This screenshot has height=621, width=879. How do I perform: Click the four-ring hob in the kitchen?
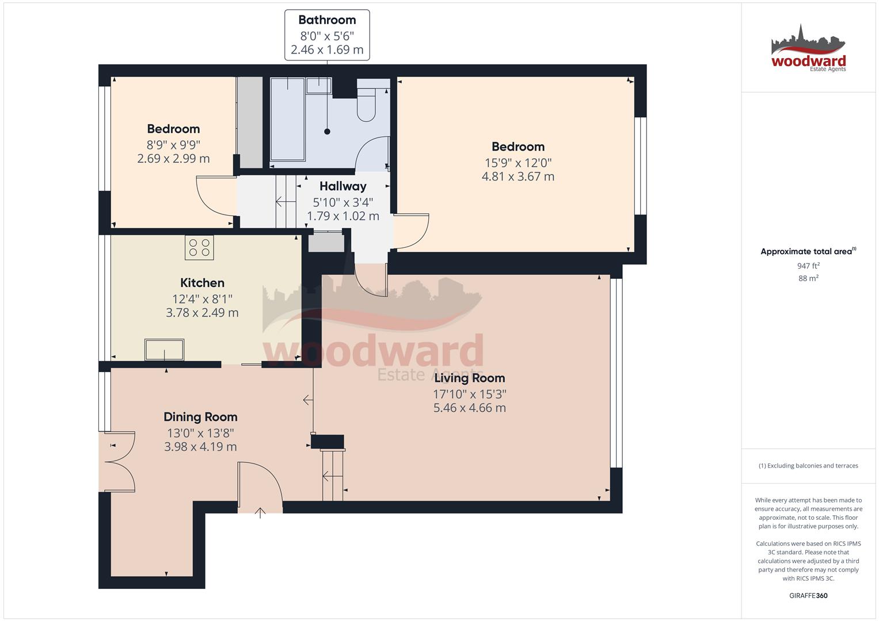199,247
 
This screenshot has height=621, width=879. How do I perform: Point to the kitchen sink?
165,350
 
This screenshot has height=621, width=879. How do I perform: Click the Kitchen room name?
202,283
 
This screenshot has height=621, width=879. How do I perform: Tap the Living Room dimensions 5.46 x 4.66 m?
469,408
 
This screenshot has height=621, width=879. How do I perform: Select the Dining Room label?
200,417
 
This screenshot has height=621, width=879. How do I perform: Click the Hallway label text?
343,186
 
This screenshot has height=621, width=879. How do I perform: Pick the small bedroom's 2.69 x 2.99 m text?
173,159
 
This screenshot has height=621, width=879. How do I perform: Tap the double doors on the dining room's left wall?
119,462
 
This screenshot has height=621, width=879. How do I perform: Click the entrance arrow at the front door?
260,512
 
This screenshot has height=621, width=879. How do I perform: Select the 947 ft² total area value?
808,266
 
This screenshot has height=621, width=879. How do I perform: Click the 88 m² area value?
808,278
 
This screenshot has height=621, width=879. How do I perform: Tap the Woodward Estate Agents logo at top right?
808,49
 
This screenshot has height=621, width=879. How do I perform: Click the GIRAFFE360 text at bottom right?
808,596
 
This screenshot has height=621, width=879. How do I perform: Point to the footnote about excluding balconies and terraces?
808,466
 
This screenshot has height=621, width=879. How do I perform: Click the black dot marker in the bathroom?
327,132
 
